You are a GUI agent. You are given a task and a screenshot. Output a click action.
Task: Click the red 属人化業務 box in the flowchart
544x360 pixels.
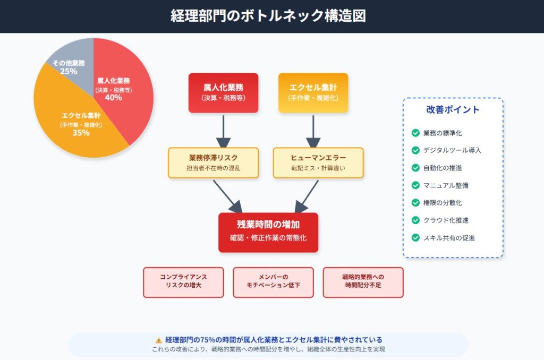[x=223, y=92]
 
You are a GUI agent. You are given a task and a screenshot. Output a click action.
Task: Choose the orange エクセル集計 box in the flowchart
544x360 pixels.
[x=313, y=92]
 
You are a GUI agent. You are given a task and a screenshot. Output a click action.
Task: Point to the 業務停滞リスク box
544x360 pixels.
[x=213, y=162]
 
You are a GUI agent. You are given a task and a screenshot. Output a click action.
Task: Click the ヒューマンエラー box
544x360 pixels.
[x=318, y=162]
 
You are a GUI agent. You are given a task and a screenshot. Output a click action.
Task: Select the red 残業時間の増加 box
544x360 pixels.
[x=268, y=232]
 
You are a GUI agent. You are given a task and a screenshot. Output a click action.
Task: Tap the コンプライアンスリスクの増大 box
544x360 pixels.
[x=183, y=282]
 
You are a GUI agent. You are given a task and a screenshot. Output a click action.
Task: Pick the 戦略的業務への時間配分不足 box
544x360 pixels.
[x=363, y=282]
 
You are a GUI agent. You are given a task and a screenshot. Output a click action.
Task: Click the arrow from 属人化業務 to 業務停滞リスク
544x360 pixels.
[x=223, y=131]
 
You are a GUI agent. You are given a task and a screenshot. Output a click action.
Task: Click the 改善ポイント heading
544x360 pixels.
[x=453, y=110]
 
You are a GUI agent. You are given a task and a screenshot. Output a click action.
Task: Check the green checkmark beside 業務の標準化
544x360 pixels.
[x=415, y=133]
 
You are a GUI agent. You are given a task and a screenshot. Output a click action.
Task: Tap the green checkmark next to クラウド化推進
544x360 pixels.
[x=415, y=220]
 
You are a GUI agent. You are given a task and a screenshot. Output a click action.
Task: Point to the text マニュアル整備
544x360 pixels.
[x=446, y=185]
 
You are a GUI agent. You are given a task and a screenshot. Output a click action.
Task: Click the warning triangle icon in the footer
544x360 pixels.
[x=158, y=340]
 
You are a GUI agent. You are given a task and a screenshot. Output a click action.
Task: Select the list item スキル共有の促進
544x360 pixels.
[x=449, y=238]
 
